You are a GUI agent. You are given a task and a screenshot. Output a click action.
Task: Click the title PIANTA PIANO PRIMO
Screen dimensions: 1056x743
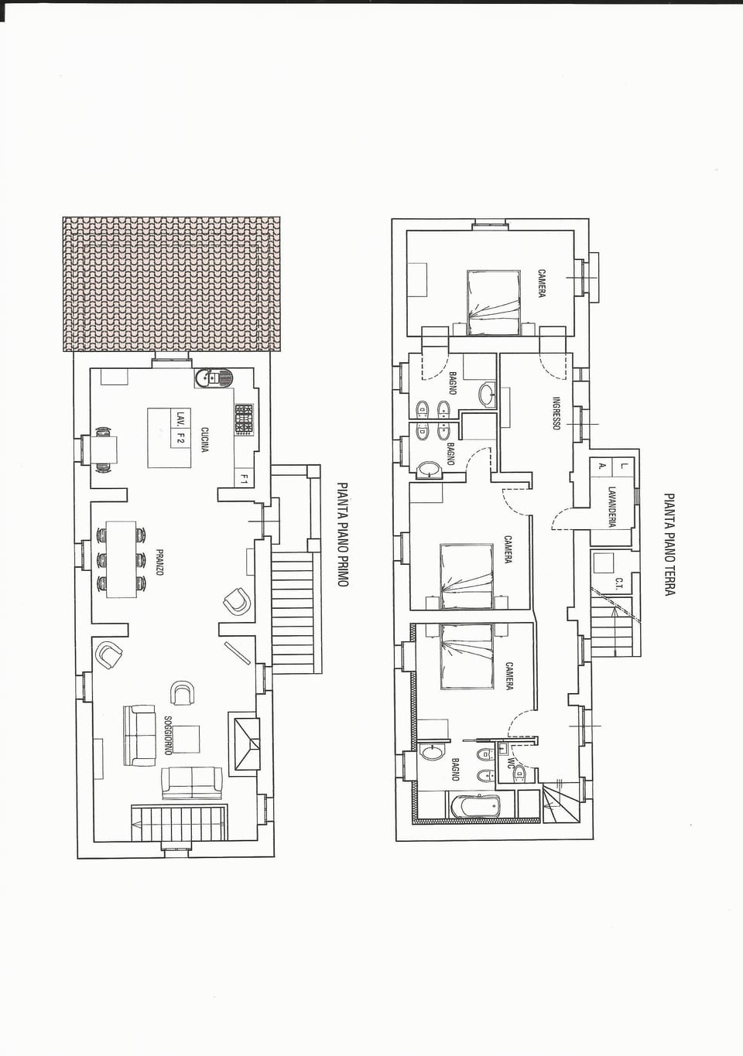coord(342,535)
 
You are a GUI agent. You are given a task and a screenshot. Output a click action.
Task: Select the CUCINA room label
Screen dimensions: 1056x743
coord(204,439)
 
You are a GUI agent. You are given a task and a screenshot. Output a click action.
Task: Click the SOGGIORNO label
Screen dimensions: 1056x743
coord(167,736)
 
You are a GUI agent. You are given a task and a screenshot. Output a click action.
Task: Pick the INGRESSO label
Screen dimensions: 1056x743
coord(556,414)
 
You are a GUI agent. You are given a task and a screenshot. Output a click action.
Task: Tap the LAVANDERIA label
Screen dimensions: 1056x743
coord(611,507)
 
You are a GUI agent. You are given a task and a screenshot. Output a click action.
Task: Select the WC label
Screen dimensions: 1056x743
coord(510,762)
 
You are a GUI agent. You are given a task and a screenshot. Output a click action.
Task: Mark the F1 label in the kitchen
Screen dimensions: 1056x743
coord(244,479)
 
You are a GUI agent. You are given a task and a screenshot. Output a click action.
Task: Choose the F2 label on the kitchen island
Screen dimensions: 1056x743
coord(180,439)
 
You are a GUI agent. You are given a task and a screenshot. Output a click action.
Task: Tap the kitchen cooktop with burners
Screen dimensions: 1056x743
coord(244,419)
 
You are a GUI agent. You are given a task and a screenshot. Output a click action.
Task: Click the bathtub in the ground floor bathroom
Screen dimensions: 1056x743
coord(474,806)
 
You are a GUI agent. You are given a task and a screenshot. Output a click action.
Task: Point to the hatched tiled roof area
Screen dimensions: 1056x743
coord(171,284)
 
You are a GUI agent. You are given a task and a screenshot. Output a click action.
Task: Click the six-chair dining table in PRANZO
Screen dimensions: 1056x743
coord(121,559)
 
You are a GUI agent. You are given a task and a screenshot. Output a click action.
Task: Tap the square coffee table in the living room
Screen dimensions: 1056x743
coord(186,738)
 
